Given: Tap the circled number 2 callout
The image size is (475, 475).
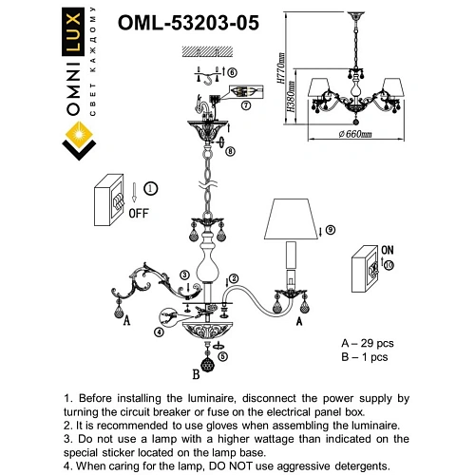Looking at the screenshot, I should click(x=231, y=277).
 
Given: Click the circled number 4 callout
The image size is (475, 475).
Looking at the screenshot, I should click(x=159, y=332).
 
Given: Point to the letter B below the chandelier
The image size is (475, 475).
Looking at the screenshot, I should click(x=196, y=373).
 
